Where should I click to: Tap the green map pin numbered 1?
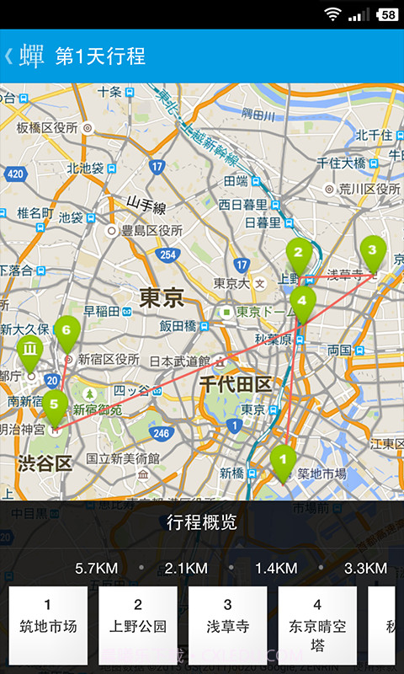(x=284, y=460)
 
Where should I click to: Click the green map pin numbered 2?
(x=298, y=252)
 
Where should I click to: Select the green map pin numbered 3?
(x=373, y=250)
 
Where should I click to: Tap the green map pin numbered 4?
(x=302, y=301)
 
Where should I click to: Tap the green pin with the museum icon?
(x=29, y=349)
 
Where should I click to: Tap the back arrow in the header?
(x=8, y=56)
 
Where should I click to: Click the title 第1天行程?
(x=100, y=56)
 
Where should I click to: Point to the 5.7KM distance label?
(x=96, y=568)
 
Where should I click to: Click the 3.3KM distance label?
(x=365, y=568)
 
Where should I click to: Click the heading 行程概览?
(x=202, y=522)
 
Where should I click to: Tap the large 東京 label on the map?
(x=161, y=297)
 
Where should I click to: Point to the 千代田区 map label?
(x=236, y=385)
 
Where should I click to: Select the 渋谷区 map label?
(x=44, y=463)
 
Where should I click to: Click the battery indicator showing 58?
(x=388, y=14)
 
